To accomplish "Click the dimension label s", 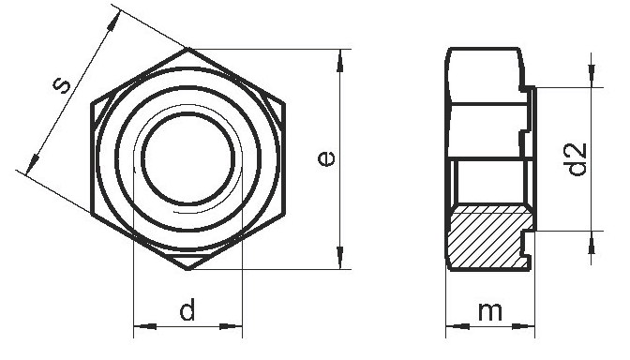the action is pyautogui.click(x=62, y=85).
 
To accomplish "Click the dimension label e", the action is pyautogui.click(x=325, y=157).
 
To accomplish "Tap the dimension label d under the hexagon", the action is pyautogui.click(x=187, y=309).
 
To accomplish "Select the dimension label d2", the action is pyautogui.click(x=577, y=159).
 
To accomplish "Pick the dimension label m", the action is pyautogui.click(x=490, y=312).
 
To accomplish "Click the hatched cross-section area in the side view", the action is pyautogui.click(x=490, y=238).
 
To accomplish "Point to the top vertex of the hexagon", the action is pyautogui.click(x=188, y=48).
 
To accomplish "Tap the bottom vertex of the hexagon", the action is pyautogui.click(x=188, y=269).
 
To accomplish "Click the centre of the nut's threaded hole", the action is pyautogui.click(x=188, y=158).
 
